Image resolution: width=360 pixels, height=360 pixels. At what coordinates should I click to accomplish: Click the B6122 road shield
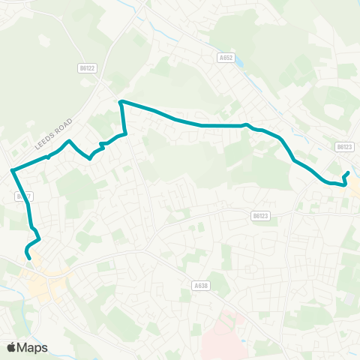(x=88, y=67)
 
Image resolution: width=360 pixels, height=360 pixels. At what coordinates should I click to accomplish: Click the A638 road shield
(x=199, y=285)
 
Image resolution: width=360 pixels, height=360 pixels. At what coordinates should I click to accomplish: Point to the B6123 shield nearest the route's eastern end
(x=344, y=147)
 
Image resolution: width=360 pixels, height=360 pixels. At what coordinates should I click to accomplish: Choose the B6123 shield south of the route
(x=259, y=215)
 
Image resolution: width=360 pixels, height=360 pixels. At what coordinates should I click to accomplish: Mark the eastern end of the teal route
(x=348, y=173)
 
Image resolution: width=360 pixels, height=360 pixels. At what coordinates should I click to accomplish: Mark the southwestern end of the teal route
(x=28, y=258)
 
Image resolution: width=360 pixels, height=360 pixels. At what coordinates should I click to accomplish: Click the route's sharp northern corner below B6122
(x=121, y=100)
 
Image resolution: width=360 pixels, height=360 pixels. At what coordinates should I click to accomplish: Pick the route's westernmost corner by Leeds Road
(x=13, y=171)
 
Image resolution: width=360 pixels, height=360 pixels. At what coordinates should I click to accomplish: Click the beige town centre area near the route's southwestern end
(x=41, y=283)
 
